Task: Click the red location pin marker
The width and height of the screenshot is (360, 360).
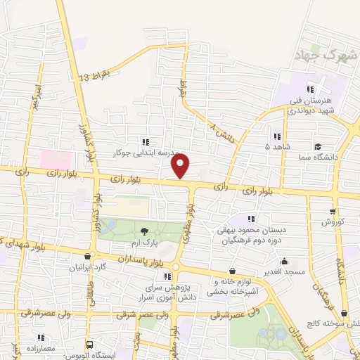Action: click(181, 166)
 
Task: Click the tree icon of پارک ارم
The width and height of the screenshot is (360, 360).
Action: click(144, 231)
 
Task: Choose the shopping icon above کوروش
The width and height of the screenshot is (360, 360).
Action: click(333, 210)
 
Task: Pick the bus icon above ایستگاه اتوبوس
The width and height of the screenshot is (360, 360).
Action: click(90, 345)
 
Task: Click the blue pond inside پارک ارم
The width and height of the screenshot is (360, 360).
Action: click(109, 226)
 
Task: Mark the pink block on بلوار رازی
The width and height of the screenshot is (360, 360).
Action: click(55, 158)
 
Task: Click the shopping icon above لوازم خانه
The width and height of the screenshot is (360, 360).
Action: click(232, 271)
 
